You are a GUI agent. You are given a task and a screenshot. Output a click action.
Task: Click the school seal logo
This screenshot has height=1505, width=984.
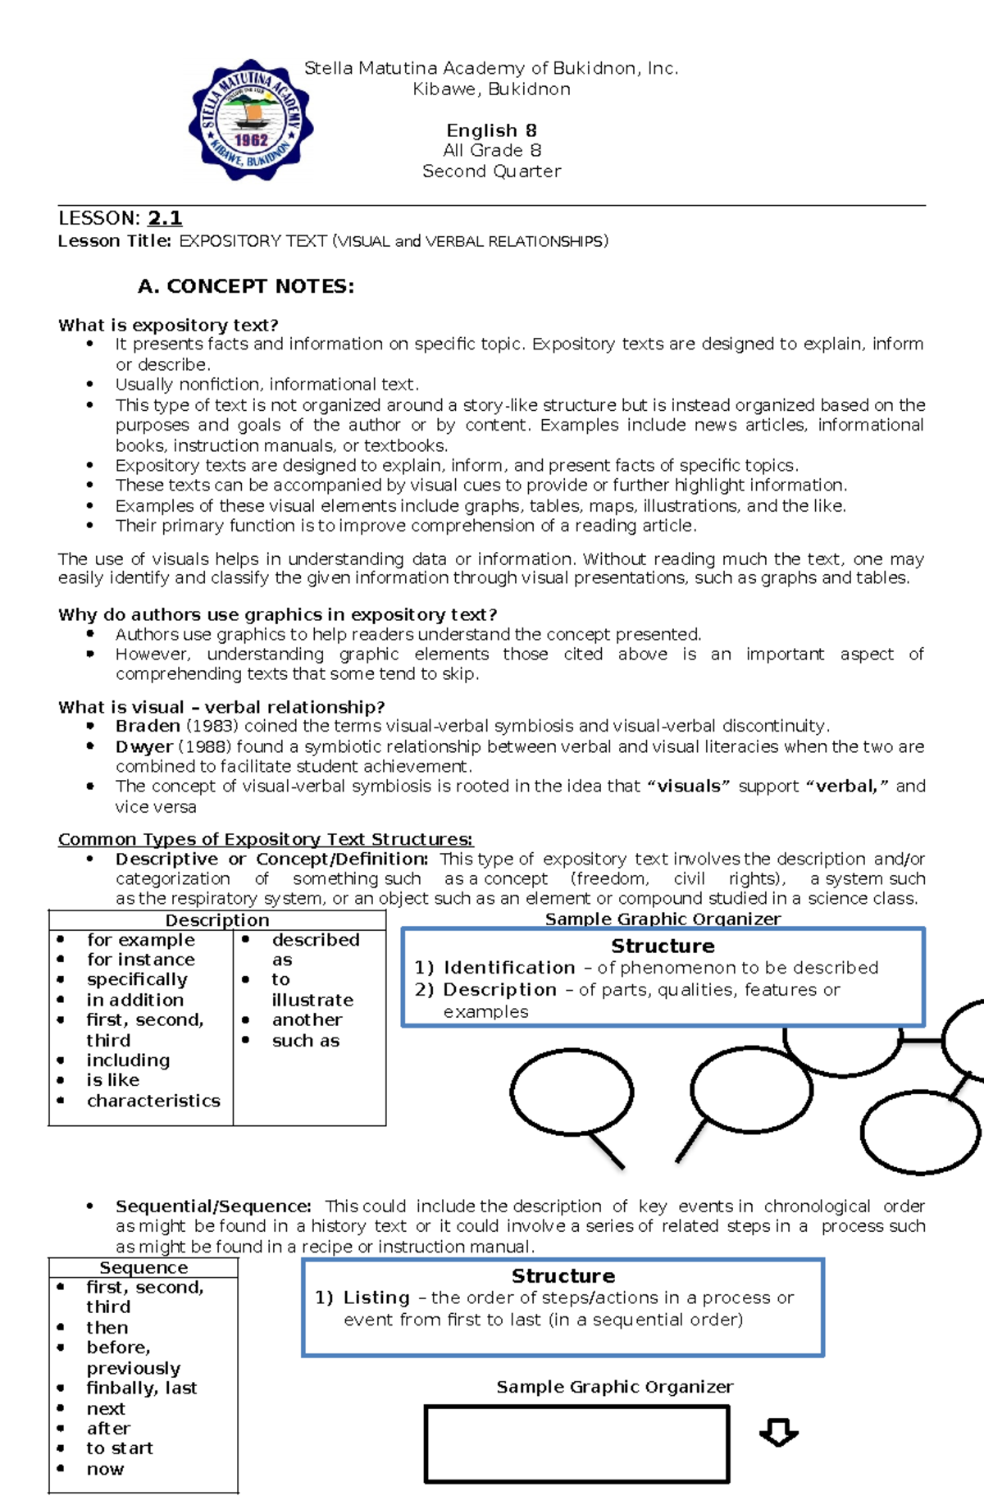pyautogui.click(x=251, y=120)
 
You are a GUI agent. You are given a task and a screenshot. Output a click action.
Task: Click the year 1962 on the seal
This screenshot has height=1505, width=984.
pyautogui.click(x=251, y=139)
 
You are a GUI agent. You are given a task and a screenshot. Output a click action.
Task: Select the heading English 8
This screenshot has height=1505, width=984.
pyautogui.click(x=491, y=130)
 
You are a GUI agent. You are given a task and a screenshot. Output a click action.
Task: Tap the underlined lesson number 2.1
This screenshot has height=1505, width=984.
pyautogui.click(x=165, y=218)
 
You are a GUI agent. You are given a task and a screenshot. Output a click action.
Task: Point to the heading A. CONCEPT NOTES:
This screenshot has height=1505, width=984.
pyautogui.click(x=246, y=286)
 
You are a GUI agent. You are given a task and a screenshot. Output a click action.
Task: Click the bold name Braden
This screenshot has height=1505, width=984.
pyautogui.click(x=148, y=726)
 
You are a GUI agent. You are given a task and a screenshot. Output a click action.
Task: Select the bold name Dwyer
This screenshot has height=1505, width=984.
pyautogui.click(x=144, y=746)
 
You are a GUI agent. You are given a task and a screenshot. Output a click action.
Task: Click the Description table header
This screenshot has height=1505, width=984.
pyautogui.click(x=217, y=920)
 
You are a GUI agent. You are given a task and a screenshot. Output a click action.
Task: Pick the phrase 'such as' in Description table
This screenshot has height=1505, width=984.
pyautogui.click(x=305, y=1041)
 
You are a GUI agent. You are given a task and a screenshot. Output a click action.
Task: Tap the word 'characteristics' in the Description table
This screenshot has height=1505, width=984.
pyautogui.click(x=153, y=1101)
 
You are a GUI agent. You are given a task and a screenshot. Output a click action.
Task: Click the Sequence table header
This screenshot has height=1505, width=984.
pyautogui.click(x=143, y=1268)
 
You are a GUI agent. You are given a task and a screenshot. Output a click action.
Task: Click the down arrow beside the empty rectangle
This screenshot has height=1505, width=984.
pyautogui.click(x=778, y=1432)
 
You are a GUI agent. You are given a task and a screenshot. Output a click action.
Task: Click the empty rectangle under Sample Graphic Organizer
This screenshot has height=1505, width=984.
pyautogui.click(x=576, y=1443)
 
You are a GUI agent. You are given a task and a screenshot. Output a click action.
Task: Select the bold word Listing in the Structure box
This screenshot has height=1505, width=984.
pyautogui.click(x=376, y=1297)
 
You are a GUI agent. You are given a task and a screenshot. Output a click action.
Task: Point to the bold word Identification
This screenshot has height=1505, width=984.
pyautogui.click(x=509, y=968)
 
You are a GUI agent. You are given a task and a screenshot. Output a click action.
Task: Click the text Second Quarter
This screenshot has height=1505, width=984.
pyautogui.click(x=491, y=171)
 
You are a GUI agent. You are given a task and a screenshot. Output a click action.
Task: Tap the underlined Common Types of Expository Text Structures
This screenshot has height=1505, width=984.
pyautogui.click(x=266, y=839)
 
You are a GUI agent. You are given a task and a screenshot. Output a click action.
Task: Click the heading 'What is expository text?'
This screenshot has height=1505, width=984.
pyautogui.click(x=168, y=325)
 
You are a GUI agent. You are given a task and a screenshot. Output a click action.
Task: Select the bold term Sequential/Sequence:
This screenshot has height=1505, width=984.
pyautogui.click(x=213, y=1206)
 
